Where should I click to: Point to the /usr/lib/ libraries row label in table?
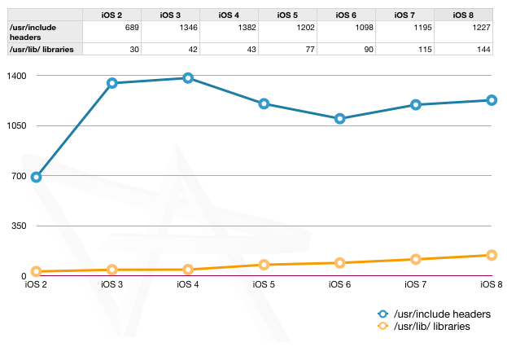pos(45,49)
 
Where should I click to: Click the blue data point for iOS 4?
pos(188,78)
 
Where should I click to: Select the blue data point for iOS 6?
pos(339,119)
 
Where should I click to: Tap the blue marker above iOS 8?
pos(492,100)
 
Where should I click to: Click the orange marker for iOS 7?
pos(415,260)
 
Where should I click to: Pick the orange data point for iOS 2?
pos(37,271)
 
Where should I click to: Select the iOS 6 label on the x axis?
pos(339,285)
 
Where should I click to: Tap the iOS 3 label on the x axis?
pos(112,285)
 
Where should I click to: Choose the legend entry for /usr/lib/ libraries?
pos(429,326)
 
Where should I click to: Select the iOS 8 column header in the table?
pos(462,15)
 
